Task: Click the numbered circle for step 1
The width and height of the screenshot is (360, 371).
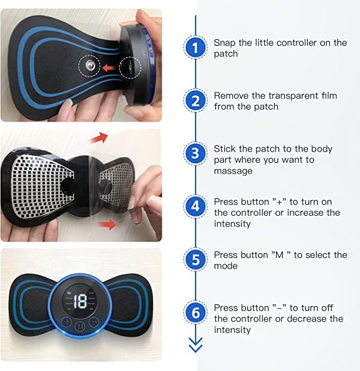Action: (196, 48)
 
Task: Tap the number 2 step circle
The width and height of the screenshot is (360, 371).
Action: (196, 101)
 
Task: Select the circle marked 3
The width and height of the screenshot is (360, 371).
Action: (196, 154)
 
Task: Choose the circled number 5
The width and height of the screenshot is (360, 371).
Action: (196, 260)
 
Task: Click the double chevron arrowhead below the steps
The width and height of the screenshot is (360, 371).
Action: (196, 347)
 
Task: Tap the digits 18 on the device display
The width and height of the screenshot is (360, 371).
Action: (81, 302)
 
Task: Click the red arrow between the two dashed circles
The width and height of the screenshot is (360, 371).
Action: (109, 67)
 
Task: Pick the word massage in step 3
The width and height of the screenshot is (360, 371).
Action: (233, 171)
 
